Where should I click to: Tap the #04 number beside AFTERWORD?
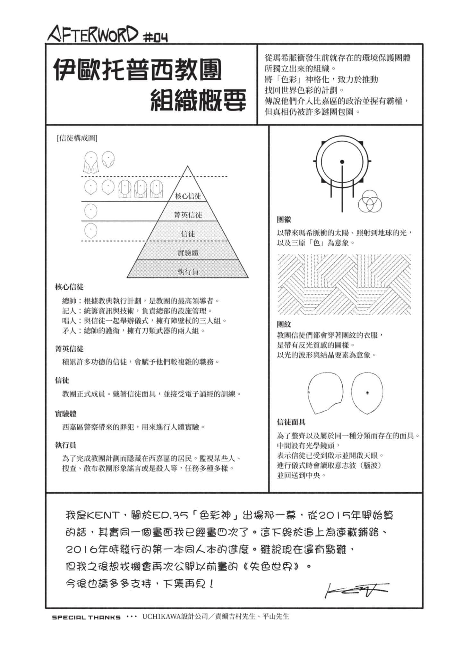click(x=155, y=38)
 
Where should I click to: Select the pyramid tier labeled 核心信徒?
click(x=188, y=196)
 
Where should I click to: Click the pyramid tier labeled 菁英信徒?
click(x=188, y=215)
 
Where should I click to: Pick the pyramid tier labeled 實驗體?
click(x=188, y=253)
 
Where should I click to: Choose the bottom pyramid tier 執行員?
click(x=188, y=272)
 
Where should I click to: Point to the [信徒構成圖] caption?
click(x=77, y=138)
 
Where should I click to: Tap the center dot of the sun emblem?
click(x=342, y=162)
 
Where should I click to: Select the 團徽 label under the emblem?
click(x=284, y=220)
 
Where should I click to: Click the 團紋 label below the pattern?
click(x=284, y=324)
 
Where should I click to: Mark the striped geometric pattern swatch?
click(x=344, y=284)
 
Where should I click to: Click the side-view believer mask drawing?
click(x=324, y=393)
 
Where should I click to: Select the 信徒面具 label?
click(x=291, y=422)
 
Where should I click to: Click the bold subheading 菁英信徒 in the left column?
click(x=69, y=349)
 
